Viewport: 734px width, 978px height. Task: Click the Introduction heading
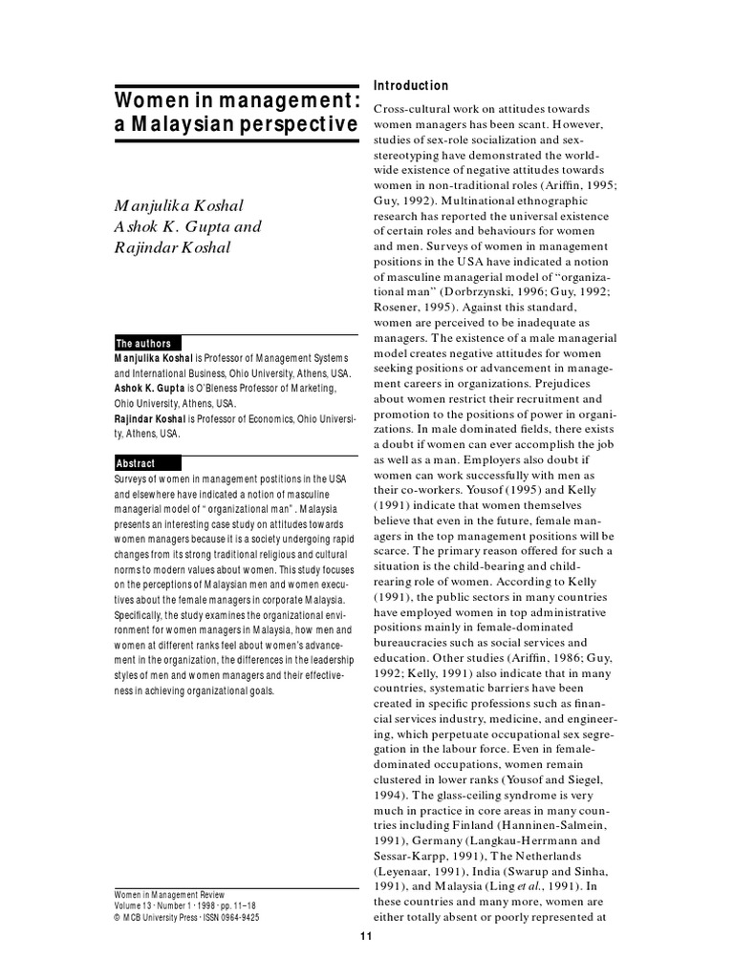(x=411, y=86)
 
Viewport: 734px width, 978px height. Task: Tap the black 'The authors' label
(x=143, y=344)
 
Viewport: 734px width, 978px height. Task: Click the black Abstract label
(x=136, y=463)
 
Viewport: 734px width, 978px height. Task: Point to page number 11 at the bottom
(x=366, y=937)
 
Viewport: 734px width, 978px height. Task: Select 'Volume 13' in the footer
(x=136, y=905)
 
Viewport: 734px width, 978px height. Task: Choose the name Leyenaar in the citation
(x=407, y=871)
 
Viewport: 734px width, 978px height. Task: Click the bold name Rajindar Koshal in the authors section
(x=150, y=418)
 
